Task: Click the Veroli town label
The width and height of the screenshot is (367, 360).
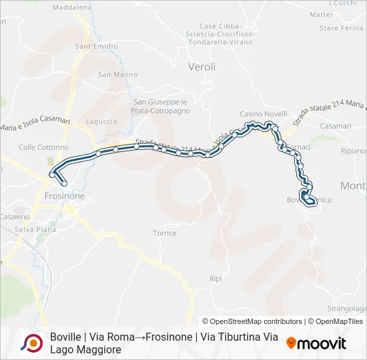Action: [202, 67]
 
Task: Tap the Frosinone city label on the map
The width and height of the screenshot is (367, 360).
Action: [64, 197]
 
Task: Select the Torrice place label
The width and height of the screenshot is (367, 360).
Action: [164, 233]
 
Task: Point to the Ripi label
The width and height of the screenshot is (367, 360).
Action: [215, 278]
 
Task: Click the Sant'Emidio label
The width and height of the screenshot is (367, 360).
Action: [92, 47]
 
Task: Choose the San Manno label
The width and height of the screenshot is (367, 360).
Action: [113, 75]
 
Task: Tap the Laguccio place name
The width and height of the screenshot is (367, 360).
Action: [101, 122]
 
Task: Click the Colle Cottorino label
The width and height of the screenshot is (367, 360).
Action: [44, 147]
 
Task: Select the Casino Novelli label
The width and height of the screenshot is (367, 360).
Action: [263, 114]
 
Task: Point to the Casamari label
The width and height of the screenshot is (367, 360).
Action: [335, 126]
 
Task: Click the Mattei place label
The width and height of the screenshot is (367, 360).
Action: [321, 14]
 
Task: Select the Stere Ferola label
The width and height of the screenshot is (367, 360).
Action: [341, 29]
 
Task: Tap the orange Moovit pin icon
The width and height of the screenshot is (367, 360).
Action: [291, 343]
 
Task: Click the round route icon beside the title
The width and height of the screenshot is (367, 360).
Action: [32, 343]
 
